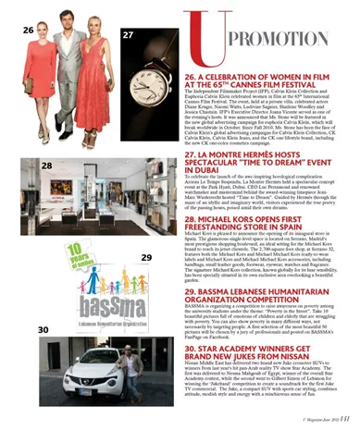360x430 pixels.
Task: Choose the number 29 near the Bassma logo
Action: [x=145, y=256]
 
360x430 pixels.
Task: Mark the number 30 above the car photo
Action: [x=43, y=328]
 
